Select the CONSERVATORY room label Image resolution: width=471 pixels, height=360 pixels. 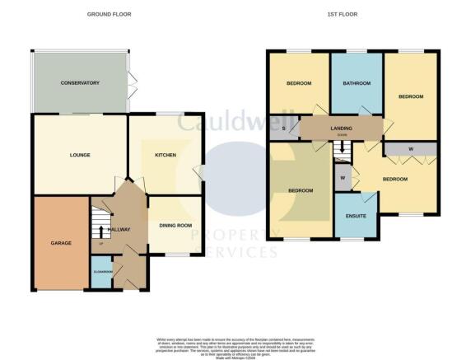click(80, 83)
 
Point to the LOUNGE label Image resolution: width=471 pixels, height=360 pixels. click(80, 155)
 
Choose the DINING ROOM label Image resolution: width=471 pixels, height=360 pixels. click(175, 225)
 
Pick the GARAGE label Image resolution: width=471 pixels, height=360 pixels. click(61, 243)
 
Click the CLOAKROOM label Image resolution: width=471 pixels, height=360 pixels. click(103, 271)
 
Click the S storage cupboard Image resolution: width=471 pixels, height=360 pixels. click(283, 128)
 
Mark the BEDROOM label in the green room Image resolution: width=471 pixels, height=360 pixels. click(301, 191)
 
